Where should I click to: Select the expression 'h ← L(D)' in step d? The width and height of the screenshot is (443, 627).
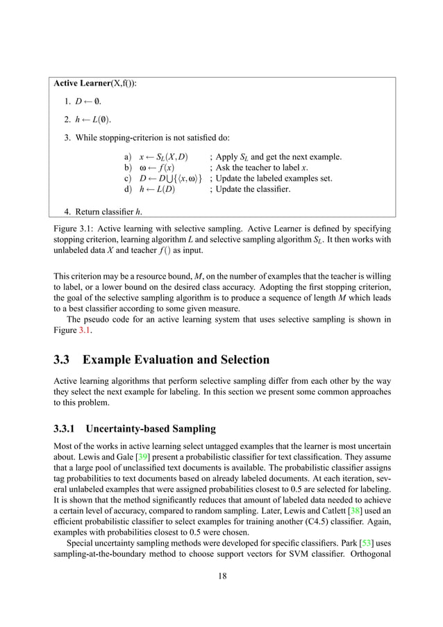[158, 188]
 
